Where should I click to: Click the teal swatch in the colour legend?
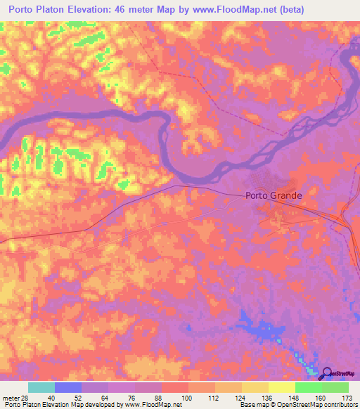pos(41,387)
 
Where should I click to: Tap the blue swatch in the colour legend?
pos(67,387)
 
